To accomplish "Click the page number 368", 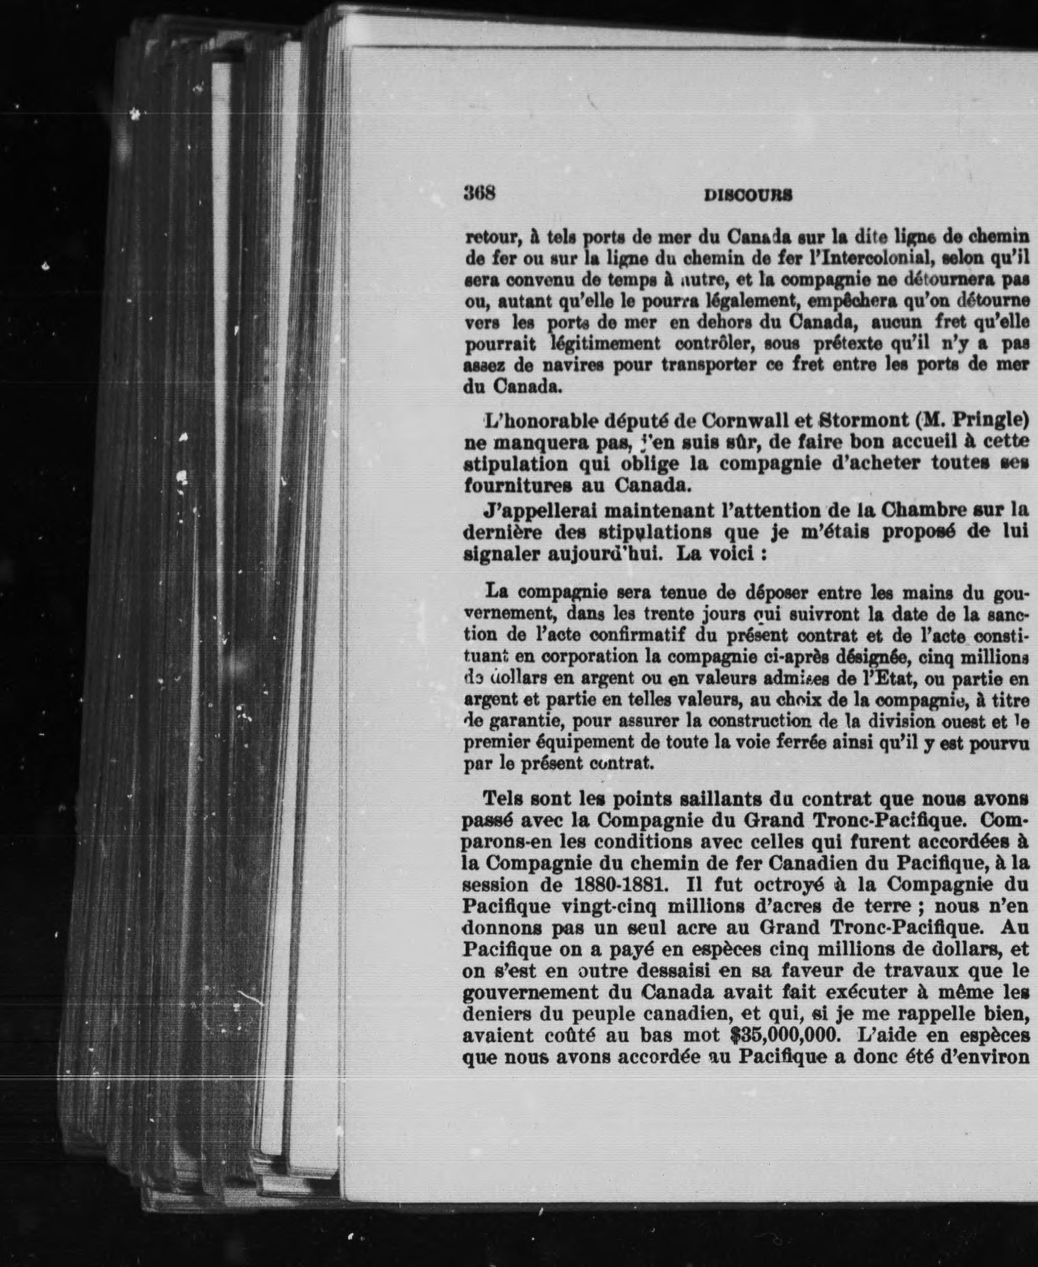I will click(479, 194).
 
